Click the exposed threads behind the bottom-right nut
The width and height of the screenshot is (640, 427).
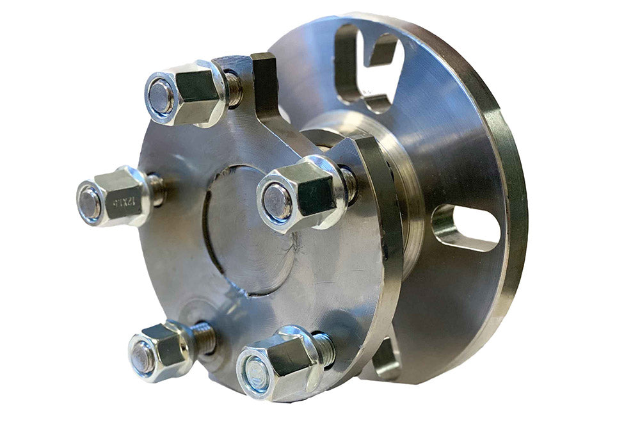pos(323,349)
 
